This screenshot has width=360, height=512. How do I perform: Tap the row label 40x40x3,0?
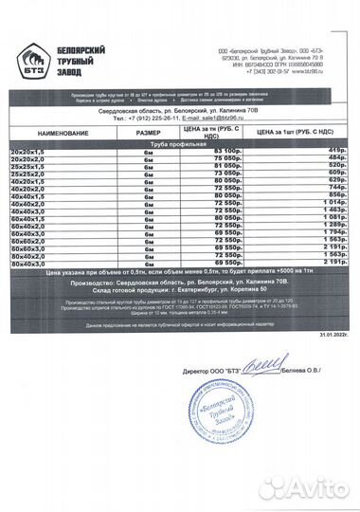28,210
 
